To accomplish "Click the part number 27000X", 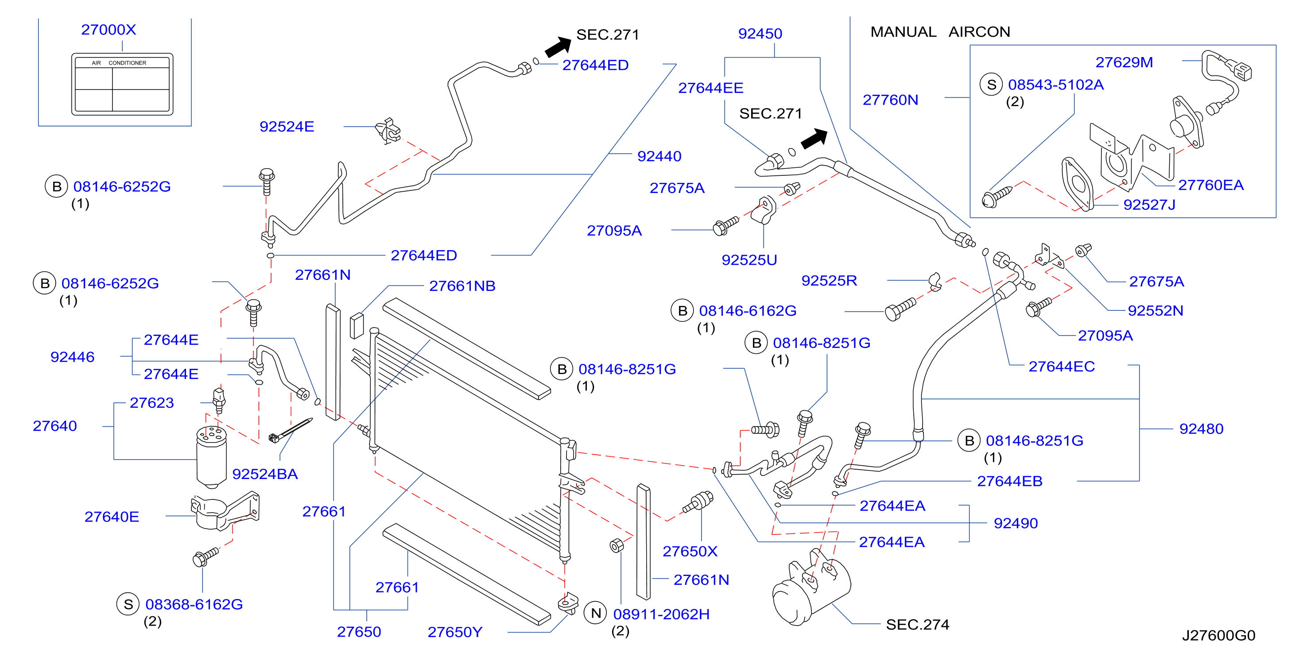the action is pos(109,30).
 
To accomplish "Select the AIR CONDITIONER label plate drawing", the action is pos(122,84).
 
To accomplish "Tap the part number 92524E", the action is pos(287,126).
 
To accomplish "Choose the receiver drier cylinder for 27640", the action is pos(211,457).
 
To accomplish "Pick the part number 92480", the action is pos(1201,429).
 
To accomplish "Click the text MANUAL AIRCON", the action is pos(940,31).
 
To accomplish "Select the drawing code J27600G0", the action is pos(1218,635).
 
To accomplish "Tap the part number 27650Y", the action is pos(454,632).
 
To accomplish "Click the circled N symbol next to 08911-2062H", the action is pos(596,614).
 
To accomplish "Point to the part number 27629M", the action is pos(1124,62).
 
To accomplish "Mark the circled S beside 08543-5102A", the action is pos(991,85).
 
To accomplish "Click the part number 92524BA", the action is pos(265,474).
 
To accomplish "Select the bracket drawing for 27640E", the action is pos(225,510).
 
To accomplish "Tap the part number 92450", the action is pos(760,34).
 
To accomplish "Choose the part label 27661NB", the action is pos(462,286).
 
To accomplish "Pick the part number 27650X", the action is pos(690,551).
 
